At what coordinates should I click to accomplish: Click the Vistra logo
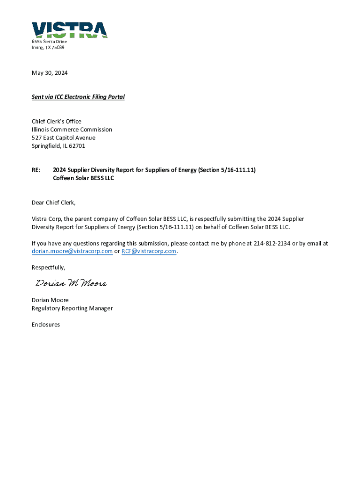tap(70, 29)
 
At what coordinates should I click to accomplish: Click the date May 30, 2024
tap(50, 73)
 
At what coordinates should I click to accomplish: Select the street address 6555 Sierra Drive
tap(49, 42)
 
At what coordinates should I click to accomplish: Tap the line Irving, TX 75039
tap(48, 48)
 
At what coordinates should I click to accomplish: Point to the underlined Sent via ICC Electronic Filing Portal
tap(78, 97)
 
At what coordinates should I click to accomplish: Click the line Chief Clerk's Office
tap(57, 122)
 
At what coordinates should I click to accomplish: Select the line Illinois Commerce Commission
tap(72, 130)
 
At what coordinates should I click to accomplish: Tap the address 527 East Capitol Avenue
tap(64, 138)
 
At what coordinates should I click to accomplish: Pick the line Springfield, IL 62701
tap(58, 146)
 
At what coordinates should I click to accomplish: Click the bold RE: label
tap(36, 170)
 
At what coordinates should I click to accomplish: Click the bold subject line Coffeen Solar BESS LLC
tap(84, 178)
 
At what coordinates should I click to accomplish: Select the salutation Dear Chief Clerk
tap(53, 203)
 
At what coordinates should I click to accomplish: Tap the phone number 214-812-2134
tap(272, 243)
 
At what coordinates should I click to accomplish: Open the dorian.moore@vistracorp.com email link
tap(72, 251)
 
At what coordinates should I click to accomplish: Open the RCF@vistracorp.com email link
tap(149, 251)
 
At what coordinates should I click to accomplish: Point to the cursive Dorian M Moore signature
tap(71, 283)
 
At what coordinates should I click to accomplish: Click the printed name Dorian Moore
tap(50, 300)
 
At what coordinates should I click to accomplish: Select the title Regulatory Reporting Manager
tap(72, 308)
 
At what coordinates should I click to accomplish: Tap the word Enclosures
tap(46, 325)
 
